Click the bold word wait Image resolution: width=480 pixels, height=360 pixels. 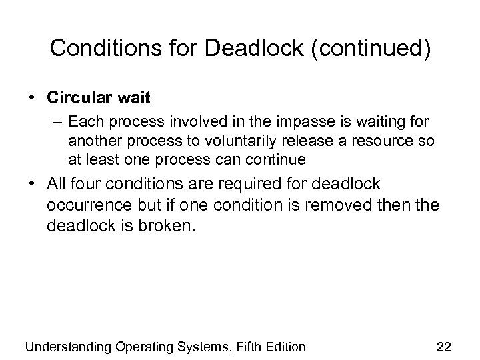(x=135, y=97)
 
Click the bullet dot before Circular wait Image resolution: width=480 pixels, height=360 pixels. (x=33, y=98)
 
